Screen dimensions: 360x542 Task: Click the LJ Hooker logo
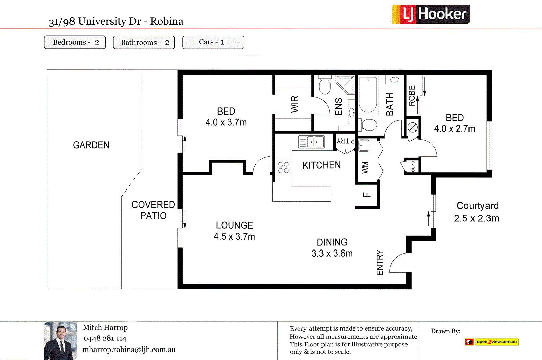(431, 15)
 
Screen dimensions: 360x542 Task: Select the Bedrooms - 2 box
(75, 42)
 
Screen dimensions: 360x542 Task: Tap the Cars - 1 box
(213, 42)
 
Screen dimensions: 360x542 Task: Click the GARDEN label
(91, 145)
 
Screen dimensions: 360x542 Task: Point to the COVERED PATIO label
(153, 210)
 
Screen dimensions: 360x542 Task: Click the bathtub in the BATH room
(368, 95)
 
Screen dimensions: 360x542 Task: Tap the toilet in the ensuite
(325, 86)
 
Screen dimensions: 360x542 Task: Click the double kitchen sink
(311, 142)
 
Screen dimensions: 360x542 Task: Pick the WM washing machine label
(365, 167)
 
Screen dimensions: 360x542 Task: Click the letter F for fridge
(367, 195)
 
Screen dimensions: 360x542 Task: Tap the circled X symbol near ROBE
(412, 127)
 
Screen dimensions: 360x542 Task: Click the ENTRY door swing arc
(398, 262)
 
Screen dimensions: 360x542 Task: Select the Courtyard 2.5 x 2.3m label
(477, 212)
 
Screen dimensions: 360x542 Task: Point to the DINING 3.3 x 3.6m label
(332, 248)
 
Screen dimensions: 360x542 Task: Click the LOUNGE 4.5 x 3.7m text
(234, 231)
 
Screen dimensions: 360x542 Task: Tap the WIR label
(295, 104)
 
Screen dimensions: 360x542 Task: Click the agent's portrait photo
(60, 341)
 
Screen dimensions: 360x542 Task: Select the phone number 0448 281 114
(105, 339)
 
